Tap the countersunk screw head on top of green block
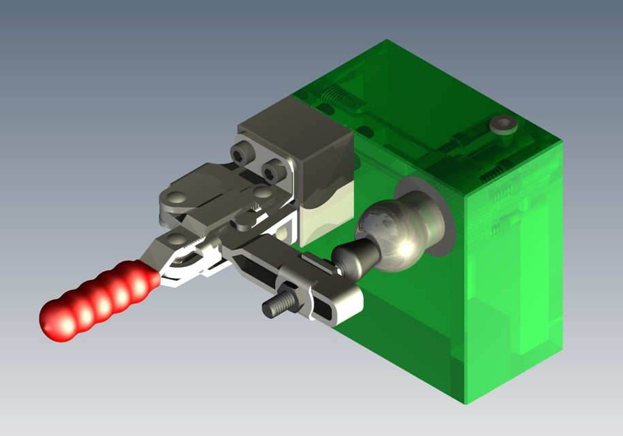503,125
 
